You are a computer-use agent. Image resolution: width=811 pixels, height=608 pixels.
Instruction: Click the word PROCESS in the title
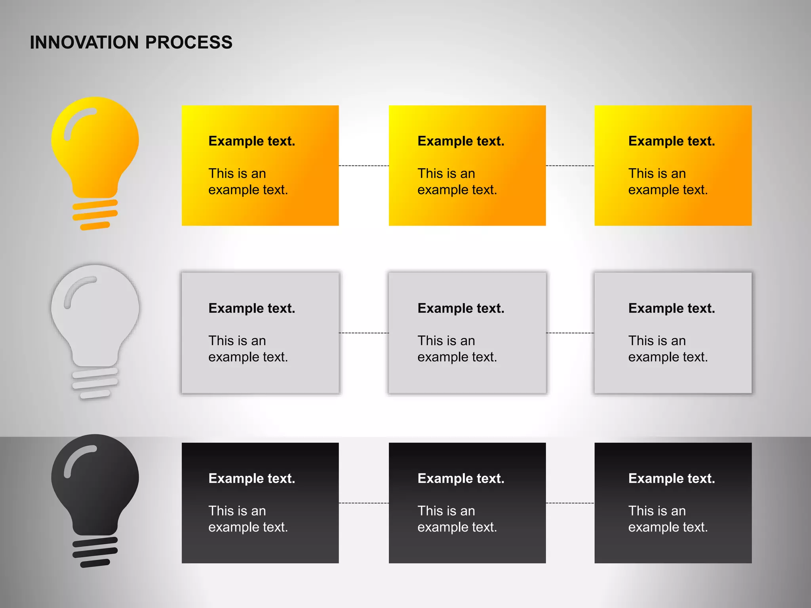189,43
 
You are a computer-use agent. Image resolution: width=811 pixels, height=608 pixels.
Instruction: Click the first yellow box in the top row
260,165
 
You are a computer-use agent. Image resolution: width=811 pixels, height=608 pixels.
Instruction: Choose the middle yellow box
467,165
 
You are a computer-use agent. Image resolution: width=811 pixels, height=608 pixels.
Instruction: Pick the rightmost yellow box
673,165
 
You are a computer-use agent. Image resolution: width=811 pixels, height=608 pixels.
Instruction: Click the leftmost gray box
260,332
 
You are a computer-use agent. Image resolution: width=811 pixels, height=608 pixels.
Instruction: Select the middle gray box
467,332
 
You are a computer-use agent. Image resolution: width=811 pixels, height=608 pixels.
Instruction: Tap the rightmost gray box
673,332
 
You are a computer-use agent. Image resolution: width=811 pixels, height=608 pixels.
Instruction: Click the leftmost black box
260,503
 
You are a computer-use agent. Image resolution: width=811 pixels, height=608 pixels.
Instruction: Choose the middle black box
467,503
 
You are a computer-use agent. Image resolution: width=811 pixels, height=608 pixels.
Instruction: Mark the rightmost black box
673,503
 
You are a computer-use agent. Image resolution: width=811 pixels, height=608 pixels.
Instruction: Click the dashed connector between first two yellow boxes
364,165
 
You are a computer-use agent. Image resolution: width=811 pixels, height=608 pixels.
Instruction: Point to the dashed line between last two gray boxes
570,333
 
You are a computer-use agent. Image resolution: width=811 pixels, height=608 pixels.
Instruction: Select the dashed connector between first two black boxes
364,503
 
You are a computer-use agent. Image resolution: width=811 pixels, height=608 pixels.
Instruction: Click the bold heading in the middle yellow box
461,141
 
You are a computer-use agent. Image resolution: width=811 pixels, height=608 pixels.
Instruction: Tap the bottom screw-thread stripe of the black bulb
95,563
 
